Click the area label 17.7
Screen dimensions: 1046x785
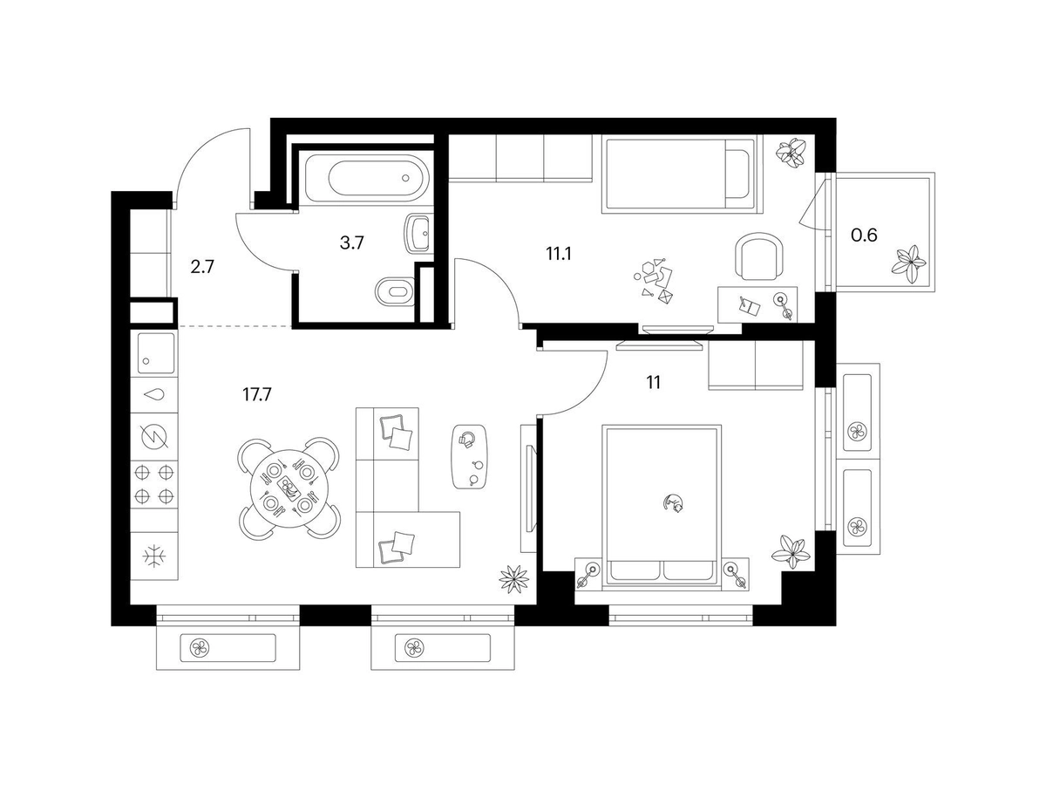click(257, 394)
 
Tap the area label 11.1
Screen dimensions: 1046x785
click(559, 254)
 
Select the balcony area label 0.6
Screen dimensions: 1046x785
click(864, 235)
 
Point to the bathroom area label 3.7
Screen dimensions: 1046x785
click(351, 243)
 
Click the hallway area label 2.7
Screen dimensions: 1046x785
click(202, 267)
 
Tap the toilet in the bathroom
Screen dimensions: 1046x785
click(395, 290)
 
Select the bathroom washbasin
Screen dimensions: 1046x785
click(418, 234)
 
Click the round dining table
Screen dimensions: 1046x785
click(289, 488)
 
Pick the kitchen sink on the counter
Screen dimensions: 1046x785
click(156, 353)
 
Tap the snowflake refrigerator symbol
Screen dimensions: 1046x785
click(154, 556)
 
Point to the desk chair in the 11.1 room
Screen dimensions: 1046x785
click(759, 256)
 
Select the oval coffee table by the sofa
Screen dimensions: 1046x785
click(469, 456)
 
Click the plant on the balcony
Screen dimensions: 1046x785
click(910, 264)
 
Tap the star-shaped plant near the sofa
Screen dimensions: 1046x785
click(513, 578)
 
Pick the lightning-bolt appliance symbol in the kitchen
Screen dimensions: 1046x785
click(155, 436)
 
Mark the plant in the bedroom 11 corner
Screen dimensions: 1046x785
click(791, 552)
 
